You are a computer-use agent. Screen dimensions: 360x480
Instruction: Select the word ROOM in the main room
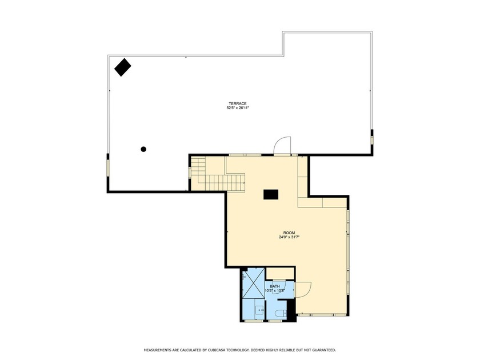pyautogui.click(x=289, y=233)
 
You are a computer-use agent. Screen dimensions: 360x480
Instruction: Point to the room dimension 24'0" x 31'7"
pyautogui.click(x=289, y=237)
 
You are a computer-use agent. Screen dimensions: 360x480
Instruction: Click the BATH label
pyautogui.click(x=275, y=286)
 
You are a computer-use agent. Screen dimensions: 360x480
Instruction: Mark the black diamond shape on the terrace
pyautogui.click(x=122, y=67)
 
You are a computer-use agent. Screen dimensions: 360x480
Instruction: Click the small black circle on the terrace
pyautogui.click(x=143, y=149)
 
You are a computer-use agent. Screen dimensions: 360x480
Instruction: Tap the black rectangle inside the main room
pyautogui.click(x=271, y=194)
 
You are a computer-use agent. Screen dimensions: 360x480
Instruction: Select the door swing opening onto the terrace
pyautogui.click(x=282, y=146)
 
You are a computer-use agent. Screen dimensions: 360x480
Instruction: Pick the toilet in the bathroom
pyautogui.click(x=280, y=313)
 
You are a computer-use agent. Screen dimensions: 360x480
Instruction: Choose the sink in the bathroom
pyautogui.click(x=259, y=311)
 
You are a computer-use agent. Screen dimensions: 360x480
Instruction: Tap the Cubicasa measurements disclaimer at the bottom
pyautogui.click(x=239, y=349)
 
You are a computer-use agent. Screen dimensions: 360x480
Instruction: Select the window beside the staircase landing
pyautogui.click(x=190, y=172)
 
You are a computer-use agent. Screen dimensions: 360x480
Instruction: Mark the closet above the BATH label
pyautogui.click(x=280, y=273)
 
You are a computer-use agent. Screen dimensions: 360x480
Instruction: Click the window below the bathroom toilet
pyautogui.click(x=275, y=321)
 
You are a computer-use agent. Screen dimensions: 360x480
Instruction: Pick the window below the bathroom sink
pyautogui.click(x=254, y=321)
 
